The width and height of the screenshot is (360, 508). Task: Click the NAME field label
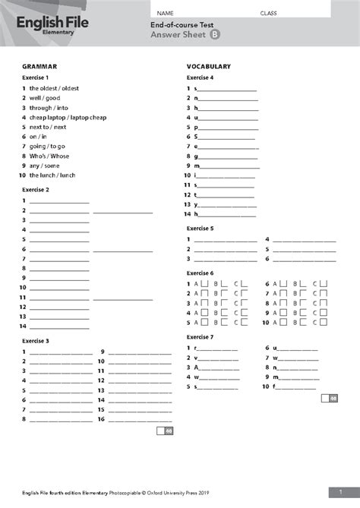pyautogui.click(x=166, y=14)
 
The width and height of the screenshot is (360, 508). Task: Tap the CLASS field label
pyautogui.click(x=268, y=14)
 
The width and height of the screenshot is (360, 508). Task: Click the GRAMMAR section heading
pyautogui.click(x=39, y=67)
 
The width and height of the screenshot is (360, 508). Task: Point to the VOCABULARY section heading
pyautogui.click(x=208, y=67)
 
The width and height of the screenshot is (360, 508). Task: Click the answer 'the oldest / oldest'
pyautogui.click(x=54, y=88)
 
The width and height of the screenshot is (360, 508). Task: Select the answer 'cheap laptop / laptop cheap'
pyautogui.click(x=68, y=118)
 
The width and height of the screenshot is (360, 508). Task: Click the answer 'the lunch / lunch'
pyautogui.click(x=52, y=175)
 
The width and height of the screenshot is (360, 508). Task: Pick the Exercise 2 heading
pyautogui.click(x=36, y=189)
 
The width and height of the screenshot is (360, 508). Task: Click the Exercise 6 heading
pyautogui.click(x=201, y=273)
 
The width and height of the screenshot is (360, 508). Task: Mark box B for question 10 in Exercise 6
pyautogui.click(x=304, y=322)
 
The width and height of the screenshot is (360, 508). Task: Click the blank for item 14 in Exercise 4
pyautogui.click(x=226, y=214)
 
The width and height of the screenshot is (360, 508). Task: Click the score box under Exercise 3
pyautogui.click(x=165, y=431)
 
